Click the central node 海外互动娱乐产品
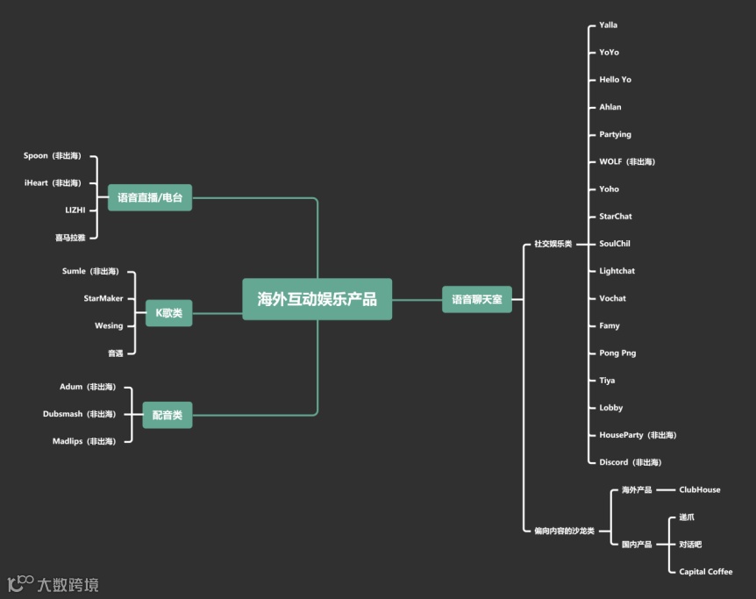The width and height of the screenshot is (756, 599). tap(317, 299)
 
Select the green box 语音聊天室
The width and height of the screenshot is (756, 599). tap(476, 299)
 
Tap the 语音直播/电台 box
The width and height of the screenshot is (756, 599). tap(149, 197)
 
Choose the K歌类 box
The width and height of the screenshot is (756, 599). tap(168, 313)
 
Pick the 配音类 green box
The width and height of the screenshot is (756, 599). tap(167, 415)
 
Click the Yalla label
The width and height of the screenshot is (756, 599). tap(608, 25)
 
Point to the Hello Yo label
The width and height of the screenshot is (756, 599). tap(615, 80)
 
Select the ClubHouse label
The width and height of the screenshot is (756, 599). tap(699, 490)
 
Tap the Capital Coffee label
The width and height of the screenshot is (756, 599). tap(705, 572)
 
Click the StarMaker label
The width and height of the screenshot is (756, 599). tap(103, 298)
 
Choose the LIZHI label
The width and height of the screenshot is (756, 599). tap(75, 210)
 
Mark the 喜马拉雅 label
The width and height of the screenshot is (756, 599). tap(70, 238)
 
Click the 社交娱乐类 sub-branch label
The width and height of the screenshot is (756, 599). tap(553, 244)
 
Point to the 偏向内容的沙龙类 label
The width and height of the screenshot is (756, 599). tap(564, 531)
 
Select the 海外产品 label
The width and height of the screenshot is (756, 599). tap(636, 490)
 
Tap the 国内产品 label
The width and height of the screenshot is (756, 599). tap(636, 545)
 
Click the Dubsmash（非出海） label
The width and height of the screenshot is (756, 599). tap(79, 414)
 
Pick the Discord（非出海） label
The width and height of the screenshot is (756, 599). tap(630, 462)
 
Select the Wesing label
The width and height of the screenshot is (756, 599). tap(109, 325)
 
